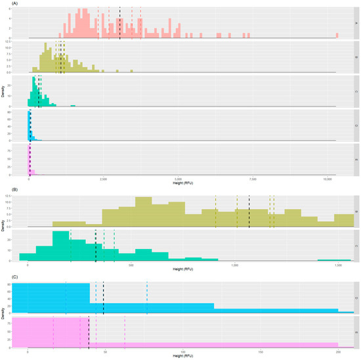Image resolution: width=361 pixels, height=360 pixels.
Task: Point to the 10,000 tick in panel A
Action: point(328,179)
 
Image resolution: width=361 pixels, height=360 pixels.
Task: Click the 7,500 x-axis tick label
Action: point(253,179)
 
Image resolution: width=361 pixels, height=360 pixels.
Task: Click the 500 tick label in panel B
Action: point(131,265)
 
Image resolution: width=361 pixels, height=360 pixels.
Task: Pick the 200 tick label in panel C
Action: point(338,353)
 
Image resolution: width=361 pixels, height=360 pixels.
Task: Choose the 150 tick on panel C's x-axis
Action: point(261,353)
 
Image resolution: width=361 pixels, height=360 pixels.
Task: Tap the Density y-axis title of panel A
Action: point(4,91)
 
